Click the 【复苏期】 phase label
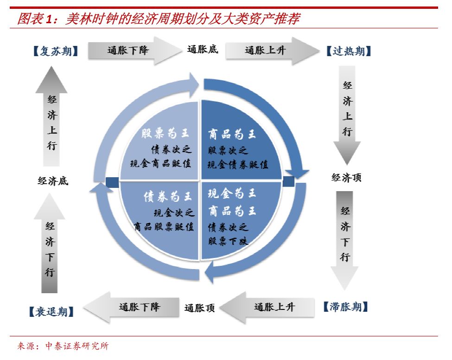coord(56,51)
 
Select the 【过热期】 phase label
coord(349,51)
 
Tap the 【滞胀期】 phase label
coord(346,307)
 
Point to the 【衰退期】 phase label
coord(51,312)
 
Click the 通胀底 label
coord(203,49)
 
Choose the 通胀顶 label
coord(199,308)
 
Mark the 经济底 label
coord(53,181)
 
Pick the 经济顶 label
coord(346,177)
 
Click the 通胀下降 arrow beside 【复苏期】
coord(134,51)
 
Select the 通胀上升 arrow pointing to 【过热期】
coord(273,51)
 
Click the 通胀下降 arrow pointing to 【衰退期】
coord(131,308)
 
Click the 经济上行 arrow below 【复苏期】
coord(51,116)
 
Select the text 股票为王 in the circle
coord(166,133)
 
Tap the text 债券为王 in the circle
coord(168,197)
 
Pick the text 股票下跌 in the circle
coord(228,241)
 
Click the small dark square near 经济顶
coord(288,181)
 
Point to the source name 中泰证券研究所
coord(77,346)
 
